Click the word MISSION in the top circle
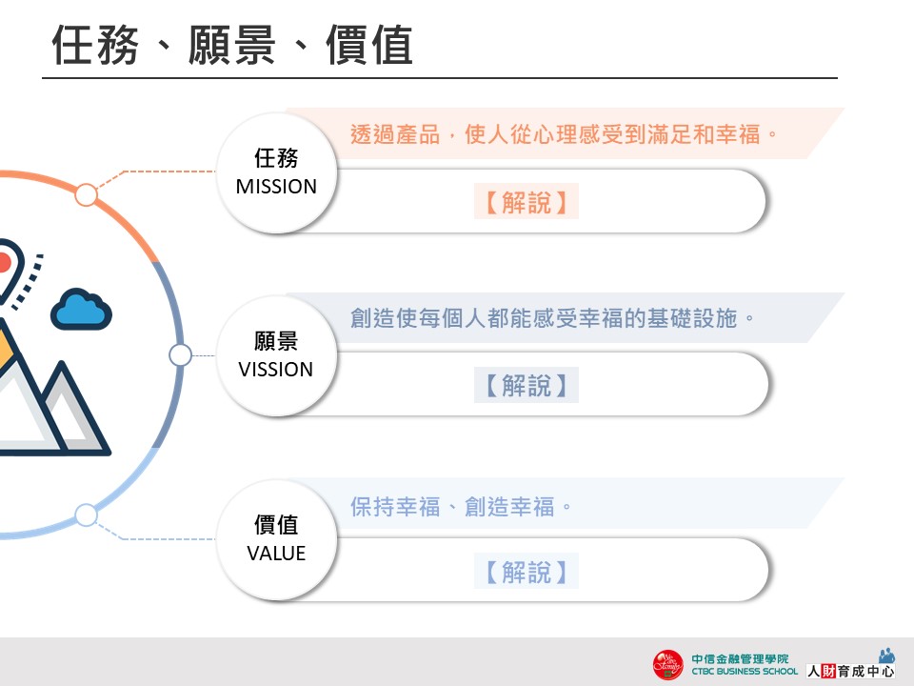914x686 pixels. pyautogui.click(x=276, y=187)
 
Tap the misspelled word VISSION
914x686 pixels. pyautogui.click(x=276, y=370)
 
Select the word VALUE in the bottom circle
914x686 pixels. pyautogui.click(x=276, y=553)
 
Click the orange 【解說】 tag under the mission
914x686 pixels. pyautogui.click(x=526, y=202)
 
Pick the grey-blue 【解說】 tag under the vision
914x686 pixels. pyautogui.click(x=526, y=385)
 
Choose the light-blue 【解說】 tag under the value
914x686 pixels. pyautogui.click(x=526, y=571)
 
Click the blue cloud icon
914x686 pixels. pyautogui.click(x=81, y=309)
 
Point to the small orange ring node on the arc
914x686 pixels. pyautogui.click(x=87, y=194)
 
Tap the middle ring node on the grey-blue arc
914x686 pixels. pyautogui.click(x=180, y=354)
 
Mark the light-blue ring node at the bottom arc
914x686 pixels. pyautogui.click(x=87, y=515)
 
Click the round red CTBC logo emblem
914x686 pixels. pyautogui.click(x=668, y=664)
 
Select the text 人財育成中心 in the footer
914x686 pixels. pyautogui.click(x=850, y=671)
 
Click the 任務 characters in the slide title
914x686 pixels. pyautogui.click(x=95, y=45)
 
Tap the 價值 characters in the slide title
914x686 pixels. pyautogui.click(x=369, y=45)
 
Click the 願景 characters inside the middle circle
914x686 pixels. pyautogui.click(x=276, y=341)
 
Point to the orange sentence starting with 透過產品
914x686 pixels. pyautogui.click(x=564, y=134)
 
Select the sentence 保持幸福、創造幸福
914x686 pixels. pyautogui.click(x=461, y=506)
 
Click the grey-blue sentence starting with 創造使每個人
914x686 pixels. pyautogui.click(x=552, y=318)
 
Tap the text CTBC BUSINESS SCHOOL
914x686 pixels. pyautogui.click(x=745, y=672)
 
